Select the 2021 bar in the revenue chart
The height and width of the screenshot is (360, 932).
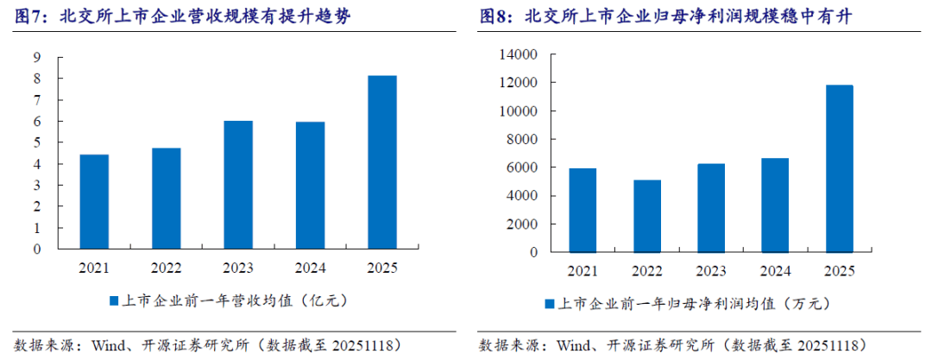click(x=95, y=202)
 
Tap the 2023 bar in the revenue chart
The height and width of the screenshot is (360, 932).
click(x=237, y=185)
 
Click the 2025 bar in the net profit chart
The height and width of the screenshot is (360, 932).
click(x=839, y=168)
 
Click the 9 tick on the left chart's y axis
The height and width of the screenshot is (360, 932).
click(x=38, y=58)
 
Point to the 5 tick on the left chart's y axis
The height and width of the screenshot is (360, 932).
click(x=38, y=142)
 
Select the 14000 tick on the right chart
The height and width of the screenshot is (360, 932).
click(x=519, y=54)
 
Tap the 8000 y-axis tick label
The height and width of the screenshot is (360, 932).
click(x=522, y=139)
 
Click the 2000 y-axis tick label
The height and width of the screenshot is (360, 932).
click(x=522, y=224)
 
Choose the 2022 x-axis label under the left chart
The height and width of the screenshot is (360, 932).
click(x=166, y=268)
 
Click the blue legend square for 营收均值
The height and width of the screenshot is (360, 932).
click(x=113, y=300)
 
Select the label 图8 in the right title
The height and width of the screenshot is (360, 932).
click(x=494, y=16)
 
